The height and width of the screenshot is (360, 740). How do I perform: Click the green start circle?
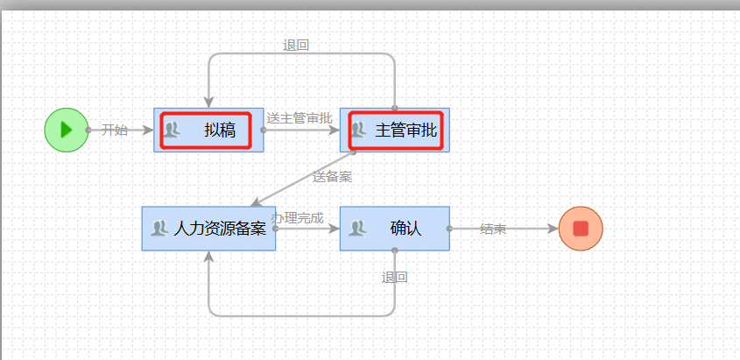point(67,130)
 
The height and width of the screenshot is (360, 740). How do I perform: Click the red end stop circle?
point(580,229)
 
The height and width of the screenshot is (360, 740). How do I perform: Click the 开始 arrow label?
point(115,131)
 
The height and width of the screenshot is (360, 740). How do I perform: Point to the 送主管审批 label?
point(300,118)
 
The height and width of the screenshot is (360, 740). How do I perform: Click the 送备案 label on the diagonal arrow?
point(333,177)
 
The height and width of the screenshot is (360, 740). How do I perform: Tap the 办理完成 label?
point(298,217)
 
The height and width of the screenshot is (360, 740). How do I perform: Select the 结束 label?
point(493,229)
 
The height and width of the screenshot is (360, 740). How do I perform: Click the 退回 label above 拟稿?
point(296,46)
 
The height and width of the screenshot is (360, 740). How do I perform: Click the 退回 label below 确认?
point(394,278)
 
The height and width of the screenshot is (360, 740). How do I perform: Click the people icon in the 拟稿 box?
point(172,131)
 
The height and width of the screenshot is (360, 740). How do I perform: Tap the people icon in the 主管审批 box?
point(358,131)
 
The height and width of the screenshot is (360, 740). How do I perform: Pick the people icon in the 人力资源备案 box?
point(159,229)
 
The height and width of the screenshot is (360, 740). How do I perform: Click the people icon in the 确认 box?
point(357,229)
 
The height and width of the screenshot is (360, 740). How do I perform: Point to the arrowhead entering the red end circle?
point(552,229)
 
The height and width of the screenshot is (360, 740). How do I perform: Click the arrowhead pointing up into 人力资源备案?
point(208,257)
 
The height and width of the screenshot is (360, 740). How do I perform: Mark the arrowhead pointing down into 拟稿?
point(208,102)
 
